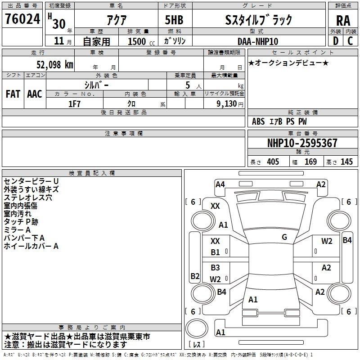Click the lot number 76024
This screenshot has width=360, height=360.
point(22,19)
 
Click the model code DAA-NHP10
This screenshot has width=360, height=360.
point(258,41)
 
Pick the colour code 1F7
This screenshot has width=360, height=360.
point(74,103)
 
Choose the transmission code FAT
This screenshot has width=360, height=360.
point(13,94)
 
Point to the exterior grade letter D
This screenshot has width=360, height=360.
point(335,41)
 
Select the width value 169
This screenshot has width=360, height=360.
point(310,162)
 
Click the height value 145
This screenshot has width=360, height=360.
point(346,162)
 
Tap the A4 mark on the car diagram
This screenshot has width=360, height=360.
point(220,184)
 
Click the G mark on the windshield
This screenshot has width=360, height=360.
point(284,237)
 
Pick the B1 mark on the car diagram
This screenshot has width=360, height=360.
point(216,252)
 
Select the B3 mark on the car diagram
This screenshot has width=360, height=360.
point(216,268)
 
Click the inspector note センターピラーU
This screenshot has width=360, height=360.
point(31,181)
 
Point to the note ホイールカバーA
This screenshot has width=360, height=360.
point(31,246)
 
